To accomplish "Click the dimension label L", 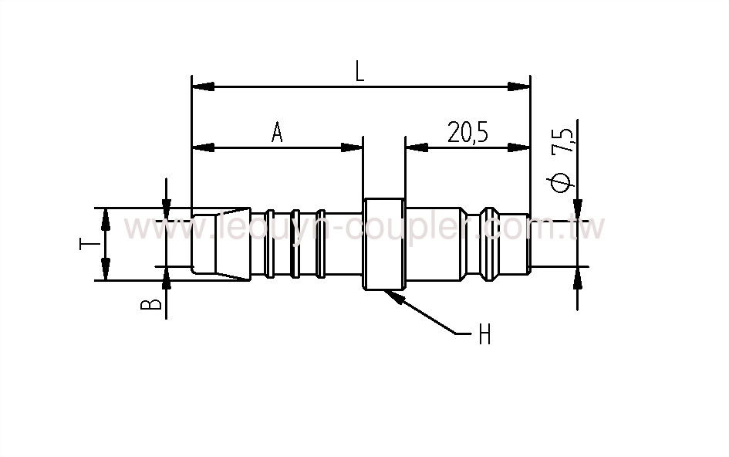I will (x=359, y=72).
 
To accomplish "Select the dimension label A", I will (x=277, y=133).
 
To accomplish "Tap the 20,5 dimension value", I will (x=467, y=133).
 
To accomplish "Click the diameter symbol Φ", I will (x=563, y=181).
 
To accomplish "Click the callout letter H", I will (x=484, y=334).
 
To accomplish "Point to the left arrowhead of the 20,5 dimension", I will (x=412, y=147).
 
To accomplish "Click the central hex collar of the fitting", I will (x=383, y=245).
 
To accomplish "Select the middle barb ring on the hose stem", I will (x=295, y=242).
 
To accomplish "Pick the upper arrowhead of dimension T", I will (x=105, y=215).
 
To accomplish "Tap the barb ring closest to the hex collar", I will (x=321, y=242).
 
